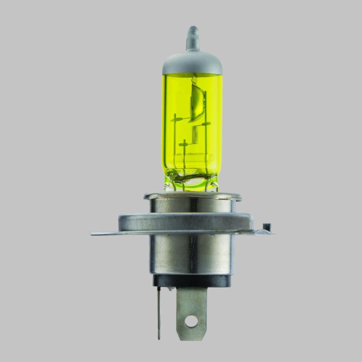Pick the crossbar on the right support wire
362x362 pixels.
(x=206, y=123)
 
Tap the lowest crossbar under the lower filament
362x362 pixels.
(x=183, y=145)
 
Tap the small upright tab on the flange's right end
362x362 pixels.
(x=267, y=226)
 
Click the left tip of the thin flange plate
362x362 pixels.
(x=93, y=233)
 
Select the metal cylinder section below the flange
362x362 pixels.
(x=192, y=256)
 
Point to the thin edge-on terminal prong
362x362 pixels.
(x=159, y=312)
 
